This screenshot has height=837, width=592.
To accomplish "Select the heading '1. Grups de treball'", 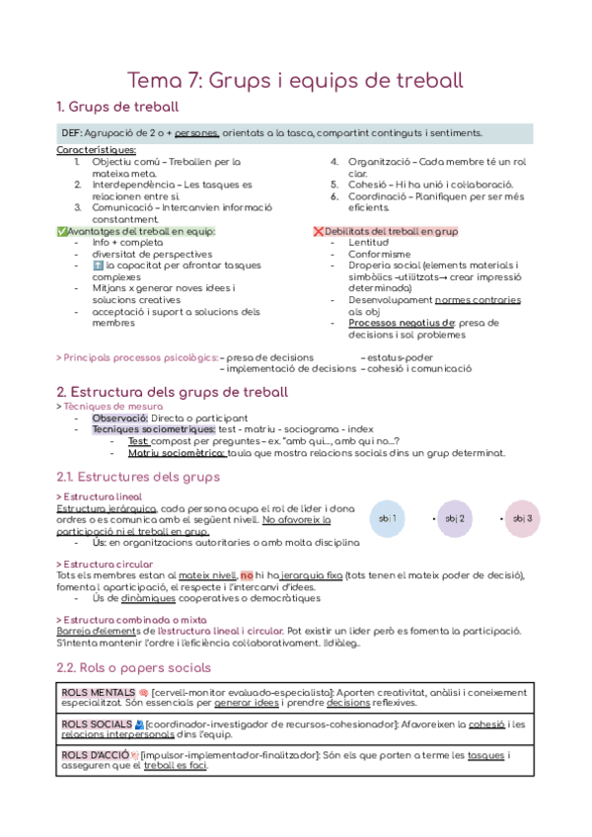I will (117, 107).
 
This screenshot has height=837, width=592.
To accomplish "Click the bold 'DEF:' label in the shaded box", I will (72, 133).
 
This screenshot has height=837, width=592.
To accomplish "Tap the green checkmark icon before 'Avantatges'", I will (62, 231).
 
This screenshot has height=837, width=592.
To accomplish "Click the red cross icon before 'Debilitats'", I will (317, 231).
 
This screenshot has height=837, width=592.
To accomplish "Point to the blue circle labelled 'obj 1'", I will (388, 518).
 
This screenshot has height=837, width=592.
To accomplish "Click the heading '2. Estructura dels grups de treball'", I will (173, 392).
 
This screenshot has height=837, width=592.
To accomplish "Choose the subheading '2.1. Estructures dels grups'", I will (138, 477).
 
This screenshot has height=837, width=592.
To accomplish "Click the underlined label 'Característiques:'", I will (96, 149).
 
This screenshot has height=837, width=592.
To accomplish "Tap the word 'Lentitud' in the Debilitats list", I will (368, 242).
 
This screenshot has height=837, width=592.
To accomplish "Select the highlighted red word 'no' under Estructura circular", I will (248, 575).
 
